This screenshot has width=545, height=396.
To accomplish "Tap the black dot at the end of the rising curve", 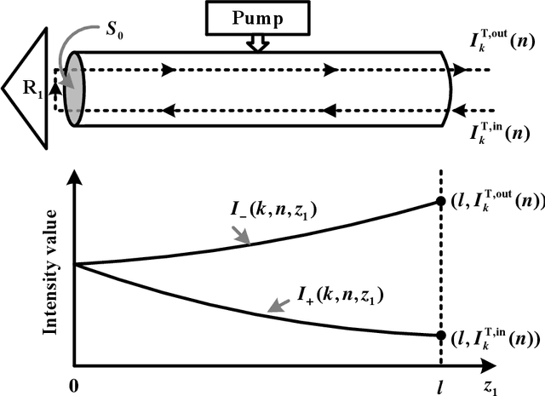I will tap(440, 202).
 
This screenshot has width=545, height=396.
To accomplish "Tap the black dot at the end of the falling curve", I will tap(440, 336).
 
